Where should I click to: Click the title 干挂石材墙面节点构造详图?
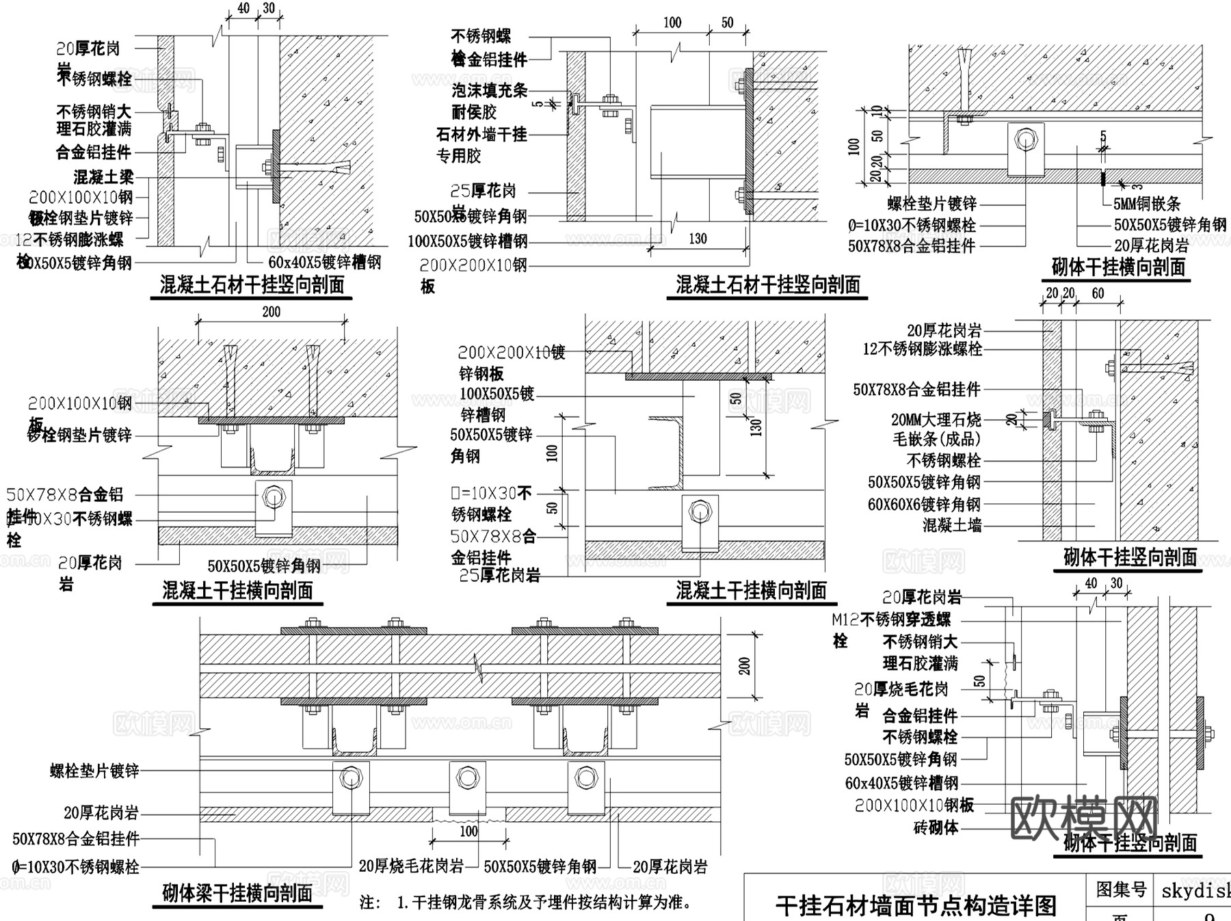(916, 905)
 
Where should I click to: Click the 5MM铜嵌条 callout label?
(1147, 204)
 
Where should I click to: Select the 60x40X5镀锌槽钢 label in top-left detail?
(324, 263)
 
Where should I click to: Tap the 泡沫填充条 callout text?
(489, 90)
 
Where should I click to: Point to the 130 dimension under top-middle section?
(698, 239)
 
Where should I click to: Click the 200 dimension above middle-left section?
(271, 312)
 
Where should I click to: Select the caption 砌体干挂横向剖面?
(1118, 267)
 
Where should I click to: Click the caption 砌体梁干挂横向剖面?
(237, 892)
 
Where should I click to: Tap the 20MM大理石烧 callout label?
(936, 419)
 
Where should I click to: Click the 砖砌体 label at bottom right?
(936, 827)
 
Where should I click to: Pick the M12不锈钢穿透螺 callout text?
(891, 619)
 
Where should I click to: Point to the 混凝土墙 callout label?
(951, 525)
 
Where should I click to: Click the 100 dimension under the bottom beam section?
(468, 831)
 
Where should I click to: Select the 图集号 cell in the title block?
(1120, 890)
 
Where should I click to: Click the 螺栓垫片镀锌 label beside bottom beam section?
(94, 771)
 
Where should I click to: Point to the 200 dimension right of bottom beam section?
(745, 665)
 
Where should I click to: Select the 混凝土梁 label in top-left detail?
(103, 177)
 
